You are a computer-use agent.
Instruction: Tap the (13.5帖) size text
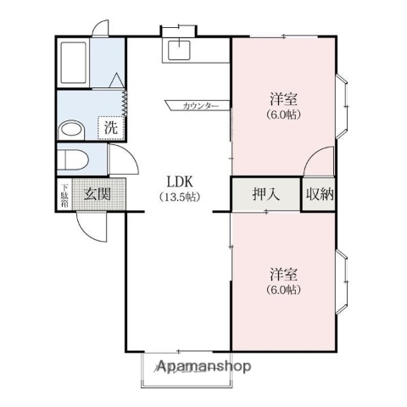[179, 198]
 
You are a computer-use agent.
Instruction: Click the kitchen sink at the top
[179, 51]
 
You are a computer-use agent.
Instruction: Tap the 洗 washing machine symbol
[110, 128]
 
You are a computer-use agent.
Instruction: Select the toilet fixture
[75, 159]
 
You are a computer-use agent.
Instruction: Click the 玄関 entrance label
[97, 194]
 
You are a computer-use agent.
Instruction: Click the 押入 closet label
[265, 194]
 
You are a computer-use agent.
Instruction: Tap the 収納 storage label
[319, 194]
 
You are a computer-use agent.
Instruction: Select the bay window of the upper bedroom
[343, 106]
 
